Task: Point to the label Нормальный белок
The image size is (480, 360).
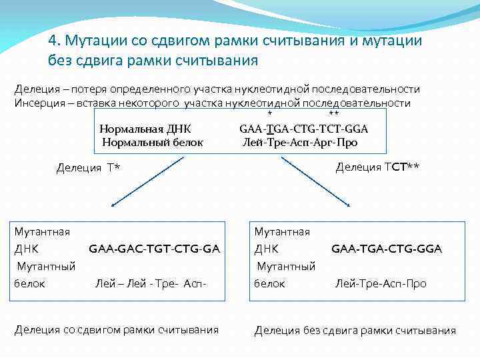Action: (x=152, y=142)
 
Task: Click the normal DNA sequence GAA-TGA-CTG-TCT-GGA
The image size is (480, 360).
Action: (x=303, y=129)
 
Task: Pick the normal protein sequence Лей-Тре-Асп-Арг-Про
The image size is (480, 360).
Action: (x=301, y=142)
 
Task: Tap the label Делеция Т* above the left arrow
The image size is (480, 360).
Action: (x=88, y=167)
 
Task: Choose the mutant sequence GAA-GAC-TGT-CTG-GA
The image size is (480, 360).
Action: (x=154, y=249)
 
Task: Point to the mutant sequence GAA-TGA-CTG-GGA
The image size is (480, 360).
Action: (x=386, y=249)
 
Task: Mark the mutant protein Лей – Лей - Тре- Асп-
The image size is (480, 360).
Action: (x=151, y=284)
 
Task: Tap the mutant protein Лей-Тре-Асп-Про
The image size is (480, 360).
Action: (x=380, y=284)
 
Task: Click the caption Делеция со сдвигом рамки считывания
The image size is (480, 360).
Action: (x=117, y=329)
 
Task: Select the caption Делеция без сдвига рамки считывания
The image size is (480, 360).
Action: (x=355, y=331)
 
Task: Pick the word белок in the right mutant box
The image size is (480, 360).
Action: (x=269, y=284)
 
